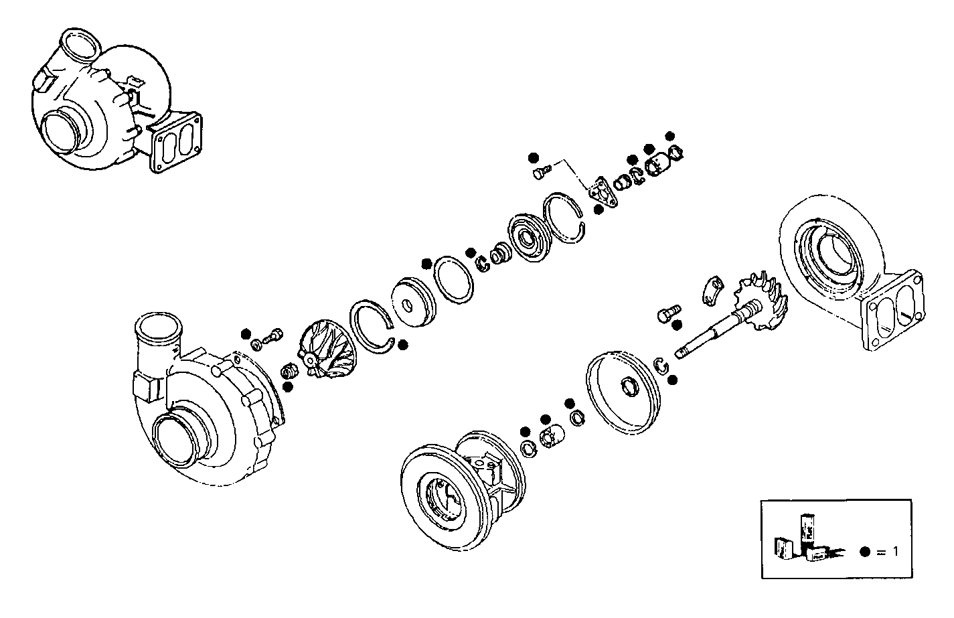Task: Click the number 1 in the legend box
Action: point(894,551)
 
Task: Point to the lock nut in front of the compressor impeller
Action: point(289,370)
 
